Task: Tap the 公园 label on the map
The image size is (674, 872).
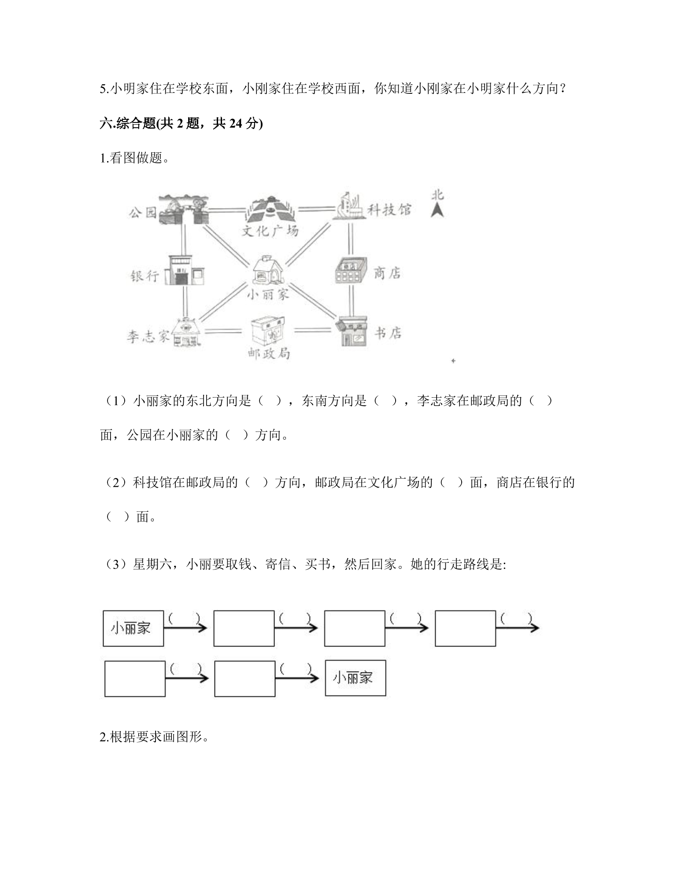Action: [x=143, y=213]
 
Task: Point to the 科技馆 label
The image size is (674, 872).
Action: [x=389, y=209]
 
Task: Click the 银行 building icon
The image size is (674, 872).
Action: [x=185, y=270]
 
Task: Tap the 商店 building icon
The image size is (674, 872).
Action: [x=351, y=270]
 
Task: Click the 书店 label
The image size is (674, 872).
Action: [x=388, y=333]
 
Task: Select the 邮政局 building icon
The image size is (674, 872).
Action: [x=268, y=331]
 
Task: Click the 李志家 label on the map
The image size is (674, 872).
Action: [x=148, y=337]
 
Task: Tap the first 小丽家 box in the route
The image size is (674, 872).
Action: [x=133, y=628]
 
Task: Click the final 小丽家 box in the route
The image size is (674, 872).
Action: [x=356, y=678]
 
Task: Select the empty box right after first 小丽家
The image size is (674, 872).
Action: [x=244, y=628]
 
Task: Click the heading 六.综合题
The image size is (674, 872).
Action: [x=181, y=124]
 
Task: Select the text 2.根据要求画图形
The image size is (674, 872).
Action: [x=155, y=737]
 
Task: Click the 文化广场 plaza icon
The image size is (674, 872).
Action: [x=270, y=209]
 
